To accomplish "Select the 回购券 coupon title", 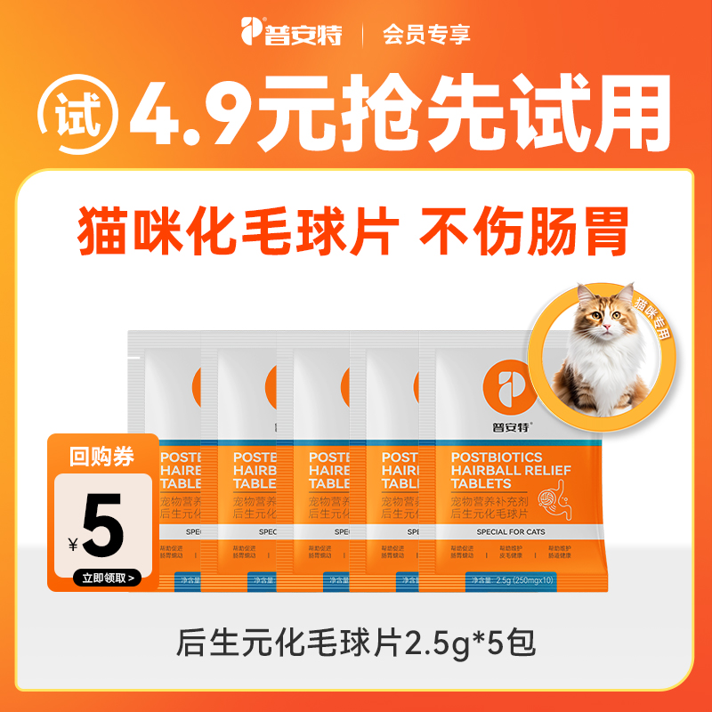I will pyautogui.click(x=102, y=457).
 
